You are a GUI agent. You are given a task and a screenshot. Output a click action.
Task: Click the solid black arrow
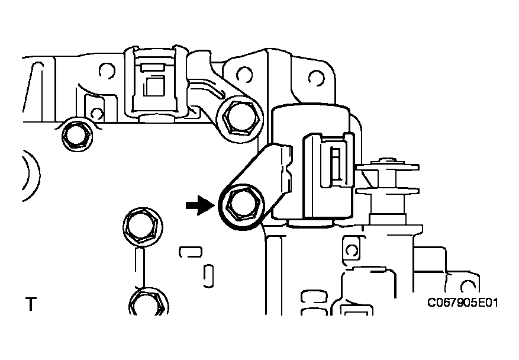pos(200,205)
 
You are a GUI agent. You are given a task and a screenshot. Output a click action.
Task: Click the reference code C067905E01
pos(462,303)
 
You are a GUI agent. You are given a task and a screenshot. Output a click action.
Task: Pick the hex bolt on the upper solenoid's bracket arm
pos(241,118)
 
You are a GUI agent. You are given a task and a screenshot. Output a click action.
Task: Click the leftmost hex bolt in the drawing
pos(77,135)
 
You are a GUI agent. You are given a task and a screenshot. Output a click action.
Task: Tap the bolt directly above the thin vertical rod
pos(143,227)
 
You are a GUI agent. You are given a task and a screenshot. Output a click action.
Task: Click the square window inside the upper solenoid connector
pos(155,86)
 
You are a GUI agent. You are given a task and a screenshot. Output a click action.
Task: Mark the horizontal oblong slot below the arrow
pos(191,252)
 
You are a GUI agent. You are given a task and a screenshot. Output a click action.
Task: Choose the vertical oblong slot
pos(208,276)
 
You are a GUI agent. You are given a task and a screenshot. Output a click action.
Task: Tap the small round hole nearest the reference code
pos(468,286)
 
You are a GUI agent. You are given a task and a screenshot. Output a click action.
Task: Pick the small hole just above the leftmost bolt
pos(96,113)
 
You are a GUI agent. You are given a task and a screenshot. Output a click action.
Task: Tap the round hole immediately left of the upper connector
pos(107,71)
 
